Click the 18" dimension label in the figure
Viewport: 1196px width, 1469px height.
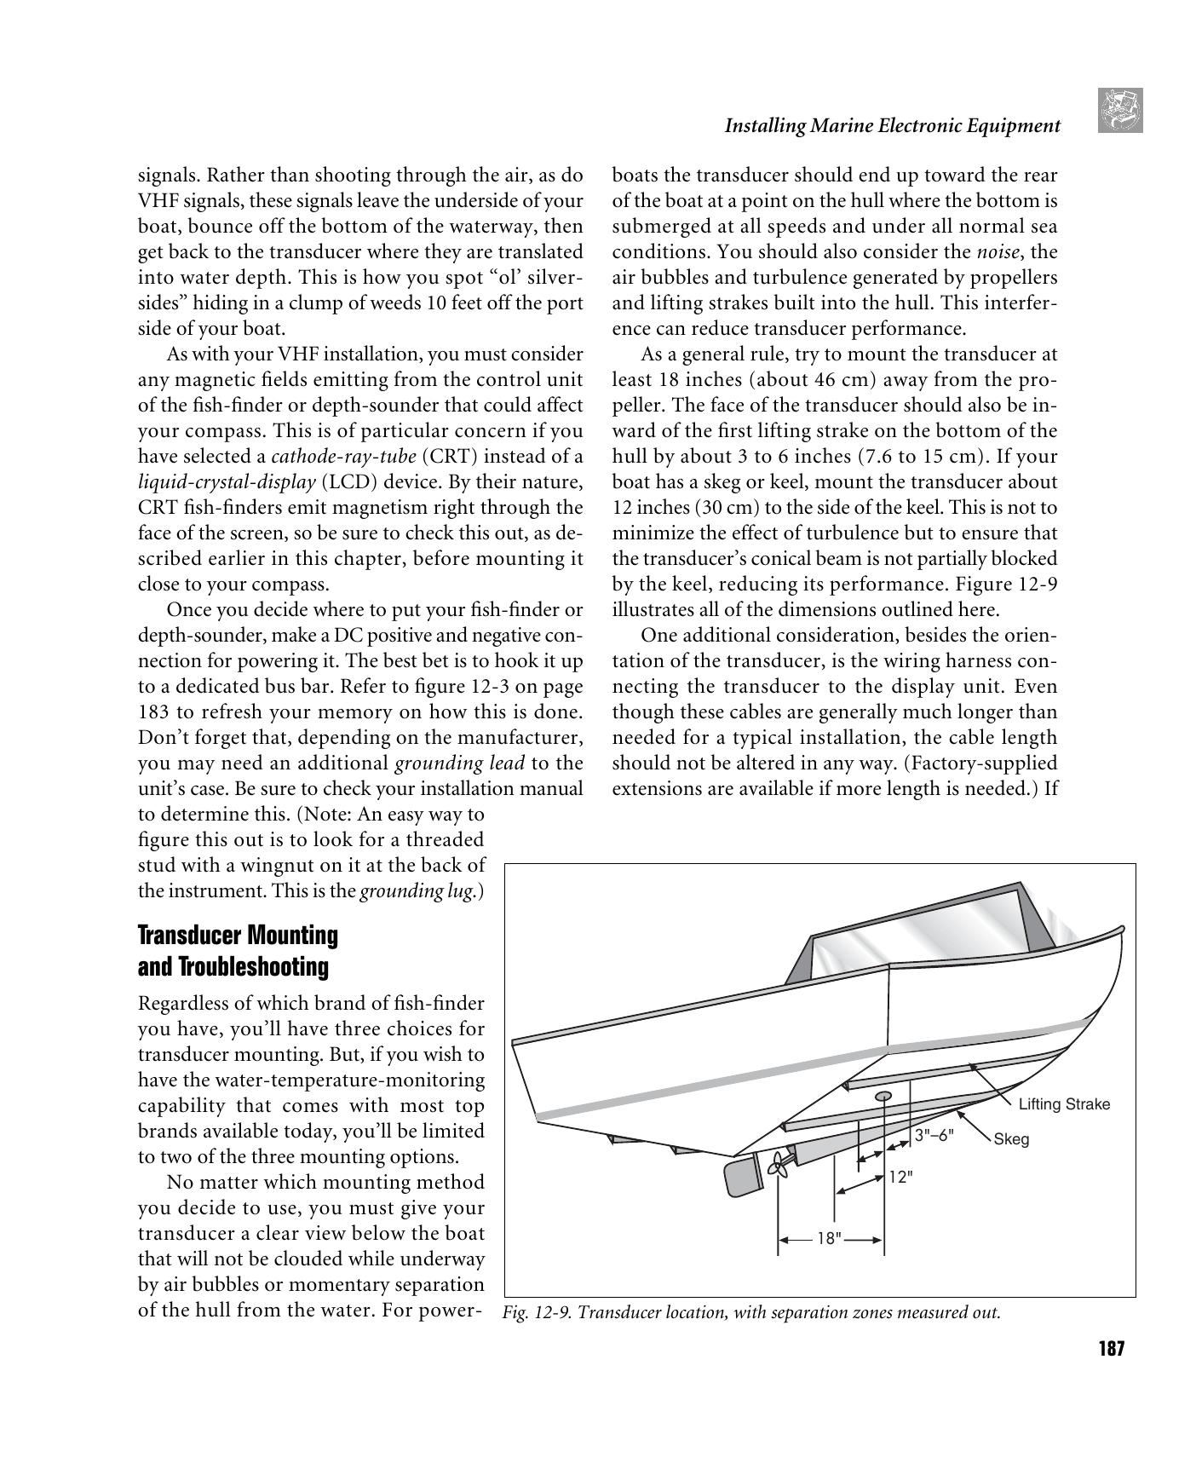click(829, 1239)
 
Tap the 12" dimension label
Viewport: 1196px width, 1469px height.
click(900, 1177)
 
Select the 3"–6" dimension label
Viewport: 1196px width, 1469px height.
click(934, 1135)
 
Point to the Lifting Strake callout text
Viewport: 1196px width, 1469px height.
click(1064, 1104)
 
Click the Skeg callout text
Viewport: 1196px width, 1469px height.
click(1011, 1139)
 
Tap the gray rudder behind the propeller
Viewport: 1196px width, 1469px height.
click(738, 1177)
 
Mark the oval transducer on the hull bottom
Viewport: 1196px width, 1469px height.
click(883, 1096)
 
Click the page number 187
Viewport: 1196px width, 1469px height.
click(1111, 1349)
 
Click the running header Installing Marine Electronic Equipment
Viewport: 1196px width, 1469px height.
click(892, 126)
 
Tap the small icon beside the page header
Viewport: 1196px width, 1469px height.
click(1119, 111)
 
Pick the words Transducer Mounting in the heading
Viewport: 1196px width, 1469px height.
click(238, 936)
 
